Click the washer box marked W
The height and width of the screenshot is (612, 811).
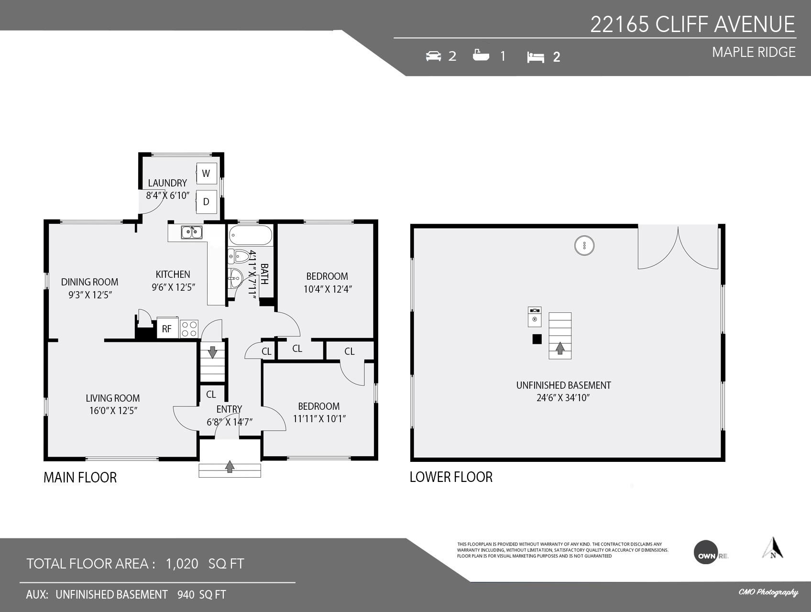(x=207, y=173)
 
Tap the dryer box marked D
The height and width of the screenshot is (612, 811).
(x=207, y=202)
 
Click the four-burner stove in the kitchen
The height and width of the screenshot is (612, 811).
(x=189, y=328)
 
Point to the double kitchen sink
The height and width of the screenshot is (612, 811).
(x=192, y=232)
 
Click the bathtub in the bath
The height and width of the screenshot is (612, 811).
(x=251, y=236)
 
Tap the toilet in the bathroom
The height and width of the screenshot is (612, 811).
(x=238, y=257)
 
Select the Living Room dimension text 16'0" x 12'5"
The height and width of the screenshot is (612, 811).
(x=113, y=411)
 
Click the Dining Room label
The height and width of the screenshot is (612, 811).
(x=89, y=282)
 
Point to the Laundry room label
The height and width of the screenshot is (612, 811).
(x=167, y=183)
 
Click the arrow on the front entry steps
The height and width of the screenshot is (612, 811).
(x=230, y=466)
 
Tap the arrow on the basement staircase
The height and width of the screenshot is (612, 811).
(x=560, y=348)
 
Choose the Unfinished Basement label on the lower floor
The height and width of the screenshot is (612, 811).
(x=563, y=385)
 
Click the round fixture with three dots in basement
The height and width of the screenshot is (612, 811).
(x=584, y=245)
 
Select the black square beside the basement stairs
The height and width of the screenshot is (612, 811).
(x=537, y=339)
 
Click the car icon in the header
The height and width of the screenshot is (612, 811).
(x=433, y=56)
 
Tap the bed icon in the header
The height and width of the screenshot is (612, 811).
(x=536, y=57)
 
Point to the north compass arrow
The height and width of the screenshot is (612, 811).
(x=773, y=548)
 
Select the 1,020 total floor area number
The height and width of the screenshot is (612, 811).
(x=182, y=564)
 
